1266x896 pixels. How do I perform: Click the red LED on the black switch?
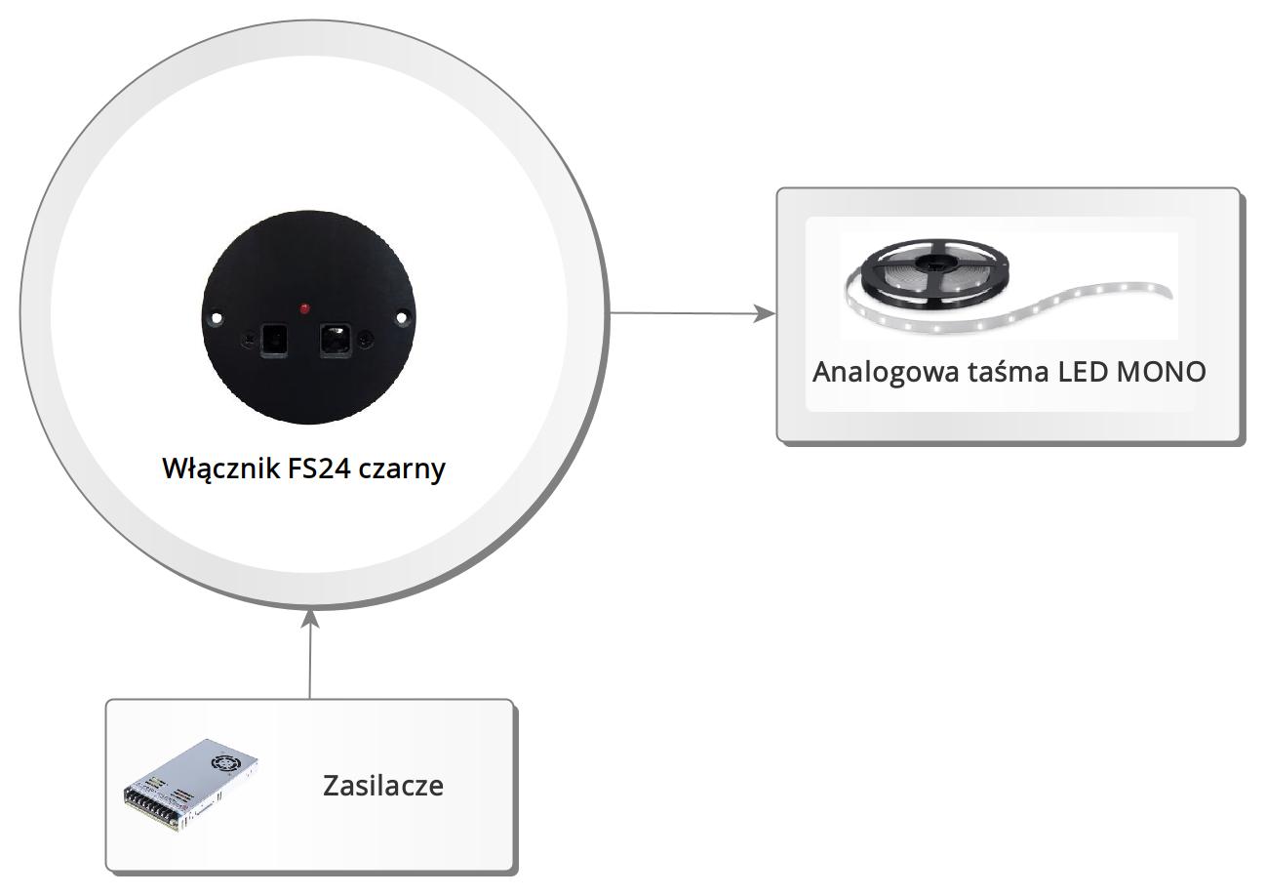[x=305, y=308]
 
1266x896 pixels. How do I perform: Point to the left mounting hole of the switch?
[x=216, y=317]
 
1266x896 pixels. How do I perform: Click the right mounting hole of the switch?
[x=401, y=316]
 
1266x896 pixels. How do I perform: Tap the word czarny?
[x=402, y=468]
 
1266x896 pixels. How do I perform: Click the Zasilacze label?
[x=382, y=786]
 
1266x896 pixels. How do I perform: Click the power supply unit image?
[x=191, y=785]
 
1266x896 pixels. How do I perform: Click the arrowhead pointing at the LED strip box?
[x=767, y=314]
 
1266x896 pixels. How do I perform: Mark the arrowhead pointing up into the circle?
[x=310, y=619]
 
